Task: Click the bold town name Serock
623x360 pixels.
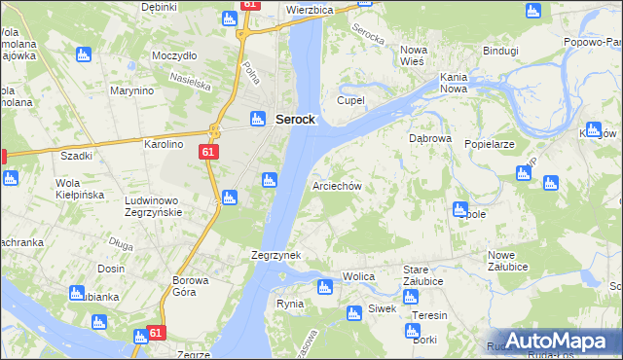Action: point(294,119)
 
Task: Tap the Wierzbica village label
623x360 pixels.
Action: point(310,9)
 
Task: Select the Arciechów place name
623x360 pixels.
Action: point(337,186)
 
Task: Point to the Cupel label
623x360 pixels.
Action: point(350,100)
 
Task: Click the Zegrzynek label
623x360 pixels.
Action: point(275,255)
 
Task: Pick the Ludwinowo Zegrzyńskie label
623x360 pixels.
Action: point(162,205)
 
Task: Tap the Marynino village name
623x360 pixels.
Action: point(132,90)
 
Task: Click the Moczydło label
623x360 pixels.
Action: point(175,55)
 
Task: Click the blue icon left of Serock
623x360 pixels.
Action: point(258,119)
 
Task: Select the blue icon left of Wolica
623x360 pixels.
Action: point(325,286)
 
